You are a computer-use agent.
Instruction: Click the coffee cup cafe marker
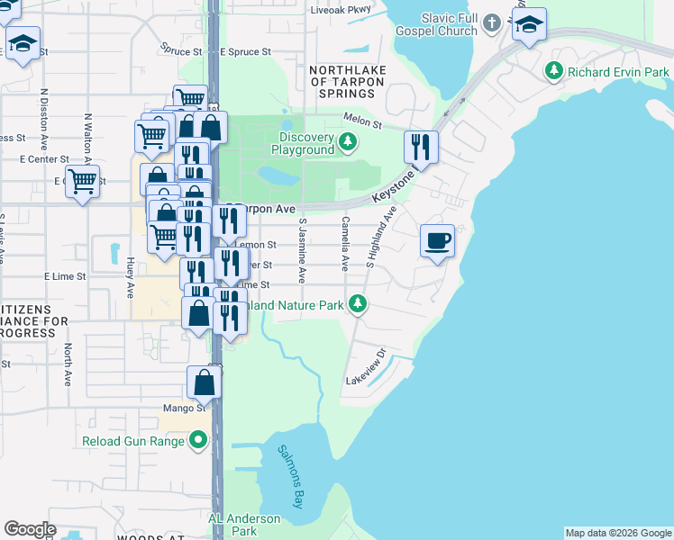pos(437,241)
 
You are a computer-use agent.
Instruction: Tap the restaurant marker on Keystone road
pos(421,146)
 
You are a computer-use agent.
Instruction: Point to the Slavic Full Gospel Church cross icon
pos(491,22)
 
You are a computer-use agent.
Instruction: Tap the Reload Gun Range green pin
pos(197,441)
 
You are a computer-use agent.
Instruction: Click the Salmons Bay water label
pos(291,477)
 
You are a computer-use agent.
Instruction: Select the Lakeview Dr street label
pos(366,369)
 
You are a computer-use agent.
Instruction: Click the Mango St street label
pos(185,409)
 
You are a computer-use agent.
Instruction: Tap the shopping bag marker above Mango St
pos(205,382)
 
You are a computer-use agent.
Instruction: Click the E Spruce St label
pos(245,52)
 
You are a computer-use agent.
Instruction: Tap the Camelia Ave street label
pos(345,244)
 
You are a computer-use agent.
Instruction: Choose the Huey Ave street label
pos(131,274)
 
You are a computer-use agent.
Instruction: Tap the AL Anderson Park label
pos(244,524)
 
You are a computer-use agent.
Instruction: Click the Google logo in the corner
pos(30,528)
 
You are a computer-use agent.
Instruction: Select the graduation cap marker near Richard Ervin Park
pos(529,25)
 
